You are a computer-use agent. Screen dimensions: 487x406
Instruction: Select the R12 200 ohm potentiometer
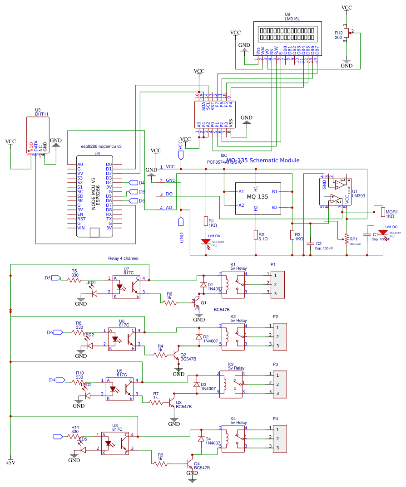[347, 33]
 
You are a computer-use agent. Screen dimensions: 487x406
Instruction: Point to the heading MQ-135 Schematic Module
[262, 161]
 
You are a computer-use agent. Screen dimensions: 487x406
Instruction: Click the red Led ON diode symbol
[206, 242]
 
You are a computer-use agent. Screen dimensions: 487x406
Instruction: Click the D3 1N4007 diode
[197, 385]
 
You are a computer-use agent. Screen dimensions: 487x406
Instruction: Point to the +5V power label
[10, 463]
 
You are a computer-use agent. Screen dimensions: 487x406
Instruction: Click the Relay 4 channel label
[123, 258]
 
